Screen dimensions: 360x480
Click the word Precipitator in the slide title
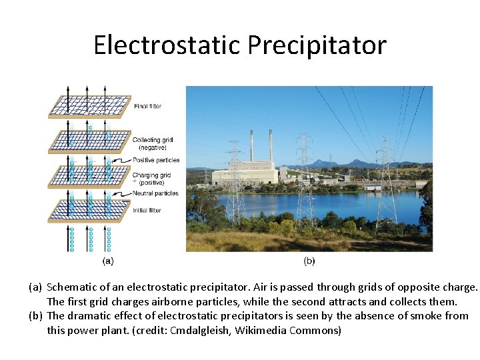(x=317, y=45)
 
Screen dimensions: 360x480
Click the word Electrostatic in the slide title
(x=167, y=45)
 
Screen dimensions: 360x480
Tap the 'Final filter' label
(x=147, y=106)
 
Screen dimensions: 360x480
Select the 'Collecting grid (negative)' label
(x=153, y=143)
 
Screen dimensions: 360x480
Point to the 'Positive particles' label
(x=157, y=160)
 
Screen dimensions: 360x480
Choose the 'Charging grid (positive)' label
(x=152, y=178)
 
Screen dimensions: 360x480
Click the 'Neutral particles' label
(x=156, y=193)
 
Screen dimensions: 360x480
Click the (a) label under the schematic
(x=108, y=261)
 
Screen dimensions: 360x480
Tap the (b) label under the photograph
(x=309, y=261)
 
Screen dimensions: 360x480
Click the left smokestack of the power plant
(x=251, y=146)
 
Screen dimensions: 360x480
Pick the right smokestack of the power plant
(x=270, y=146)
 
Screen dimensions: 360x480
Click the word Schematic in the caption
(x=73, y=287)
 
